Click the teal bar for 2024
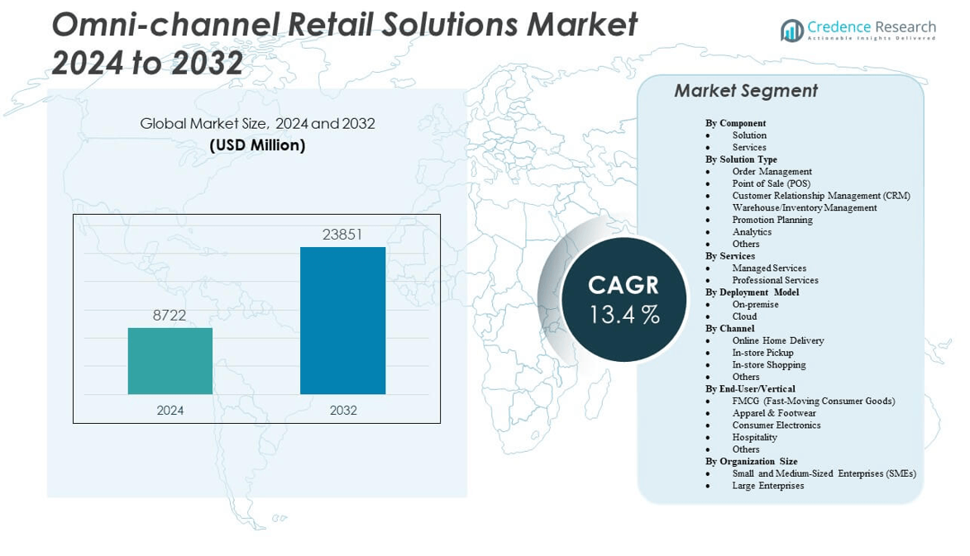click(170, 361)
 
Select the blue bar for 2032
click(342, 321)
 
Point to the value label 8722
click(170, 315)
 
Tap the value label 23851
click(342, 234)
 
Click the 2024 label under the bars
click(170, 411)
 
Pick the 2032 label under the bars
click(343, 411)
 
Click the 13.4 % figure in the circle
click(624, 315)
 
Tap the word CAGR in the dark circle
click(624, 285)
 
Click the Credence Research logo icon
click(792, 31)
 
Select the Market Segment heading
click(746, 91)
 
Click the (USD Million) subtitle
click(257, 145)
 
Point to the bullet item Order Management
click(772, 171)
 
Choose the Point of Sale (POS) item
click(772, 183)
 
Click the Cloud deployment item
click(744, 316)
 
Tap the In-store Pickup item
click(762, 353)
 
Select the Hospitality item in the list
click(755, 437)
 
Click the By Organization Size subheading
click(751, 462)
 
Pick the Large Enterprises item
click(768, 486)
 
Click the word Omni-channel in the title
click(166, 26)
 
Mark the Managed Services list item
click(769, 268)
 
